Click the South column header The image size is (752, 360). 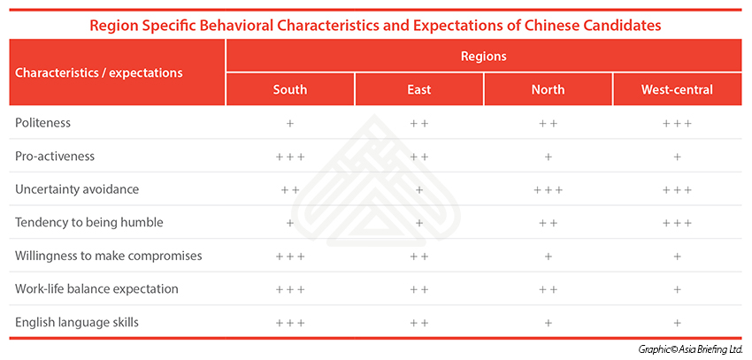[289, 89]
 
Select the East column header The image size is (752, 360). [419, 89]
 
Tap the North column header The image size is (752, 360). [548, 89]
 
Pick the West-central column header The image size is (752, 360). [677, 89]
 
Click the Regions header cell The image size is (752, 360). [483, 56]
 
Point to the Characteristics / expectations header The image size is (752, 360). [99, 73]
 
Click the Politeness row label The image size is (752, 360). [42, 123]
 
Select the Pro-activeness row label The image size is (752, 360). [55, 157]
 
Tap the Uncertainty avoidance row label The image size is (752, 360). [77, 189]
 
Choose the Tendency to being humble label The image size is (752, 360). [89, 222]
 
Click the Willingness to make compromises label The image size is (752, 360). [109, 256]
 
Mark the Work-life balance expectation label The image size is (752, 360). [96, 289]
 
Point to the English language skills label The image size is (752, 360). [77, 322]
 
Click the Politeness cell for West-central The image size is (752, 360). [677, 123]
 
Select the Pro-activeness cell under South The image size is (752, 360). [289, 157]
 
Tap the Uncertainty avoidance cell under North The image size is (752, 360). [548, 190]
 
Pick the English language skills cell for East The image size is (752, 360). [419, 323]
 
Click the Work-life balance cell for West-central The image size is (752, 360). [677, 289]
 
